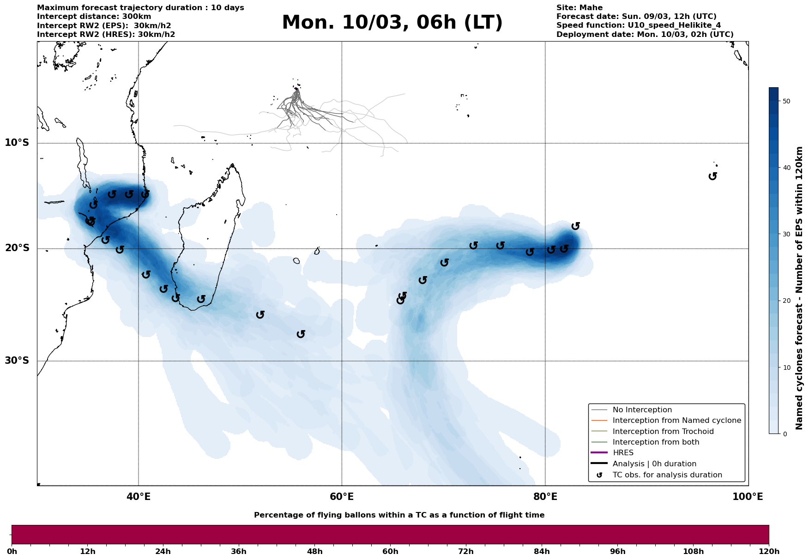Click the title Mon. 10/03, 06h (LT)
[392, 23]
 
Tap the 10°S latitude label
[17, 143]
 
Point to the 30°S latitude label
[17, 361]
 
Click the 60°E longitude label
[342, 497]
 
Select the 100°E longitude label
[748, 497]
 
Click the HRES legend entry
[623, 453]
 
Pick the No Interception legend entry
[642, 410]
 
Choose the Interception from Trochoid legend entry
[663, 432]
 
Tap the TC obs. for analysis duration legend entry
[667, 475]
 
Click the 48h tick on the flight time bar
[314, 551]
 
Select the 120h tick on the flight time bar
[769, 551]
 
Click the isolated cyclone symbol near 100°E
[713, 176]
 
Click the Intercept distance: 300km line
[94, 17]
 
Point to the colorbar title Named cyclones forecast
[800, 288]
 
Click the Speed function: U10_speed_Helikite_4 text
[638, 25]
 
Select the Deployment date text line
[645, 34]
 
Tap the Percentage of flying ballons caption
[399, 515]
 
